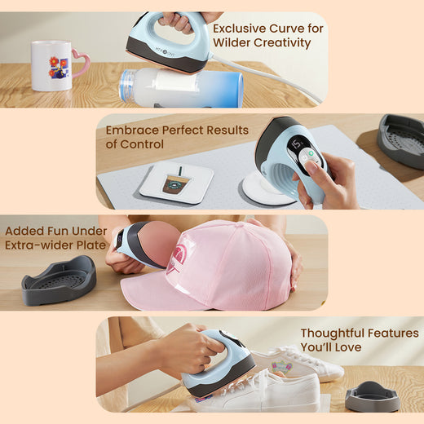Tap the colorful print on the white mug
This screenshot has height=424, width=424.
coord(58,67)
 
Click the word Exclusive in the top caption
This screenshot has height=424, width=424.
coord(239,29)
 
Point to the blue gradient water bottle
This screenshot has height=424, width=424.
coord(181,87)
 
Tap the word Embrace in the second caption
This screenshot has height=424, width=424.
coord(132,130)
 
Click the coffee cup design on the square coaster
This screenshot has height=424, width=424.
coord(175,180)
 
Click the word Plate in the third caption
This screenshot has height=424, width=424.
coord(91,245)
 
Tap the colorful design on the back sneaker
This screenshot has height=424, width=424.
coord(282,367)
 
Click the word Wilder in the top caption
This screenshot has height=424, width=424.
coord(232,42)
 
